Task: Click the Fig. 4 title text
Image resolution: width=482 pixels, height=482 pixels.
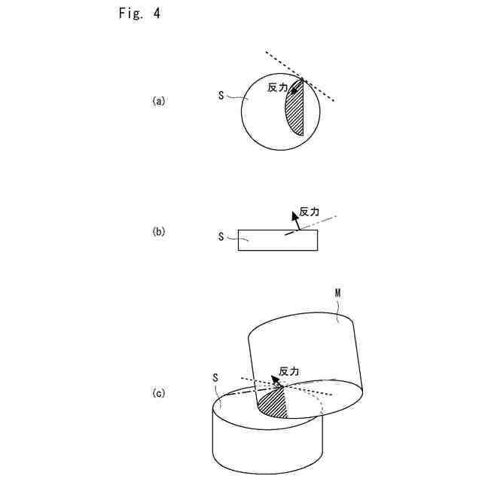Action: pyautogui.click(x=139, y=14)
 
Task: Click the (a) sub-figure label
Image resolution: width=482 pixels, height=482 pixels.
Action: pyautogui.click(x=158, y=101)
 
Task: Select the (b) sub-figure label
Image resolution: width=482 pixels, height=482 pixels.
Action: pyautogui.click(x=158, y=232)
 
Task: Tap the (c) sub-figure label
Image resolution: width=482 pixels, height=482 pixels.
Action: pyautogui.click(x=158, y=393)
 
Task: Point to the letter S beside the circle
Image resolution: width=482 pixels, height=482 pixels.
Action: pyautogui.click(x=221, y=96)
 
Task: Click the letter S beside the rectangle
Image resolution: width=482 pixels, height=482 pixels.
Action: pyautogui.click(x=221, y=236)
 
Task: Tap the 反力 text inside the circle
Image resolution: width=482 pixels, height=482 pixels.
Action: pyautogui.click(x=277, y=87)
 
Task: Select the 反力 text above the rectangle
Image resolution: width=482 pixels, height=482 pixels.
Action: pyautogui.click(x=310, y=212)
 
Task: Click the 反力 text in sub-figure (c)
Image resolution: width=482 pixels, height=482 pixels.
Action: pyautogui.click(x=289, y=371)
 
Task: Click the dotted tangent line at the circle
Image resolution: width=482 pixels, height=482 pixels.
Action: pyautogui.click(x=320, y=89)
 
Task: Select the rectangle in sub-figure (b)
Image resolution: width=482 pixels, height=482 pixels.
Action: pyautogui.click(x=277, y=240)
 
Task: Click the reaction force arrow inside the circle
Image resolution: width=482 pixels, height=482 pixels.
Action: pyautogui.click(x=296, y=87)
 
